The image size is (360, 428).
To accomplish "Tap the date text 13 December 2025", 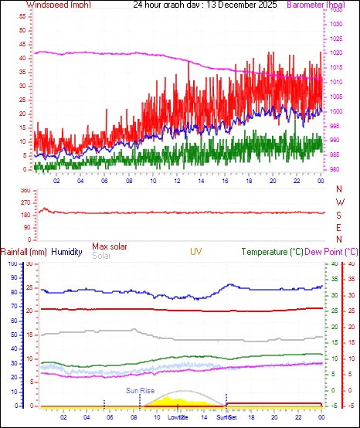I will tap(225, 5).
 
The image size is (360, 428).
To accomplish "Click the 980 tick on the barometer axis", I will tap(338, 169).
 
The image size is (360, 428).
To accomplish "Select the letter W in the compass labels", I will tap(340, 202).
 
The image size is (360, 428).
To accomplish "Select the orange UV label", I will tap(197, 252).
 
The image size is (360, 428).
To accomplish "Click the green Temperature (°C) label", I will tap(273, 252).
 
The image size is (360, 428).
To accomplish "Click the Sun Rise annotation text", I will tap(140, 391).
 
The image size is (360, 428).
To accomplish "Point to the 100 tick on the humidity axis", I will tap(12, 264).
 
